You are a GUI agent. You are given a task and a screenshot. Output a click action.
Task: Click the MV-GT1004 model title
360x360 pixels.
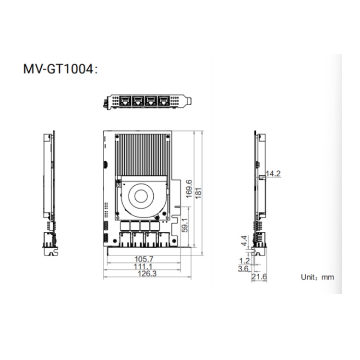60,69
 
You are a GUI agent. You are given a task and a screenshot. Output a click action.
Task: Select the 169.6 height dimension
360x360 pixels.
189,189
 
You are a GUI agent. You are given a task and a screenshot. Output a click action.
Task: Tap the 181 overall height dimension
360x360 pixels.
198,193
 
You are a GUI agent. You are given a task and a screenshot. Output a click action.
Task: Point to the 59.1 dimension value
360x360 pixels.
185,225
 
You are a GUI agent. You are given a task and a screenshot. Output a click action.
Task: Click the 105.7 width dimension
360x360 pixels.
144,259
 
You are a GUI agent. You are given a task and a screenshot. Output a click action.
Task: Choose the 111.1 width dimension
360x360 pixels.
143,266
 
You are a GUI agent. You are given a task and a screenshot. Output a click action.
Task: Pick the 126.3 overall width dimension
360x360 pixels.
147,274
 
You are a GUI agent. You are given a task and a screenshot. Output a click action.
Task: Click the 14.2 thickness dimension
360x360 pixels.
273,174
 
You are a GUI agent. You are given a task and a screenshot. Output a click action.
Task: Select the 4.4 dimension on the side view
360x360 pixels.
244,240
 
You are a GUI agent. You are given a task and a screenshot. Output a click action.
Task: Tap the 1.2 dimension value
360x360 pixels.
244,261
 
